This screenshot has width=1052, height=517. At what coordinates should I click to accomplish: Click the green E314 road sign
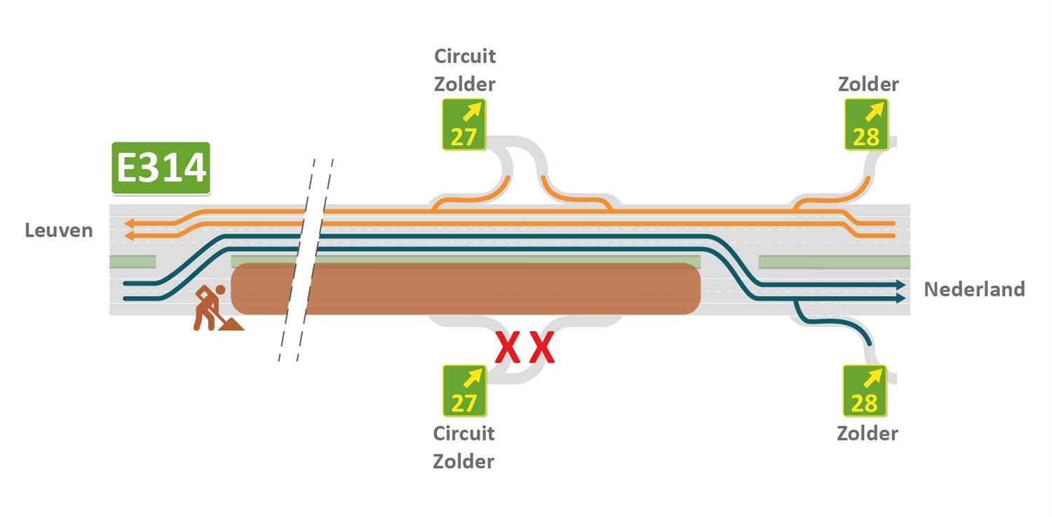pos(161,168)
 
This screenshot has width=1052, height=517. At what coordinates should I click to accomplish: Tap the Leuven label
pos(59,230)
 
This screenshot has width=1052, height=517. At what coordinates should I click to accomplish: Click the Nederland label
pos(974,289)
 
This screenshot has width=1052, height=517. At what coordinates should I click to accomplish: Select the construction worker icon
pos(214,308)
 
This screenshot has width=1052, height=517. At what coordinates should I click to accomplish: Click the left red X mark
pos(508,349)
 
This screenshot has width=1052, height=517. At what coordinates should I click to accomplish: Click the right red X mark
pos(541,349)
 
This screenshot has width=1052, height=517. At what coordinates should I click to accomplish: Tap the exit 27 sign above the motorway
pos(464,124)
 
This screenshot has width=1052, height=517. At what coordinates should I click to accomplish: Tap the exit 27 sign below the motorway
pos(464,391)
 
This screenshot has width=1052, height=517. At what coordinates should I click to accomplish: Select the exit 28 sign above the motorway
pos(866,124)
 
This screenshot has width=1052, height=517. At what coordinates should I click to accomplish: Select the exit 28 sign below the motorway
pos(865,391)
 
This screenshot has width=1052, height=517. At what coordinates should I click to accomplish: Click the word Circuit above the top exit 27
pos(465,55)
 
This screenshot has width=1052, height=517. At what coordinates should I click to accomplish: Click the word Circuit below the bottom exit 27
pos(464,434)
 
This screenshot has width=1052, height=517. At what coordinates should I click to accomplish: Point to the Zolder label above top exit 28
pos(868,85)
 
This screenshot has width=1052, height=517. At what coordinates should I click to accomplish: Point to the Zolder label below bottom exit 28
pos(867,434)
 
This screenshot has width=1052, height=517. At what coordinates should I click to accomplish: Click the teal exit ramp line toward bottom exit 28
pos(835,322)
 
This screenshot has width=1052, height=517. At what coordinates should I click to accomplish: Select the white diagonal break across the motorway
pos(305,260)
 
